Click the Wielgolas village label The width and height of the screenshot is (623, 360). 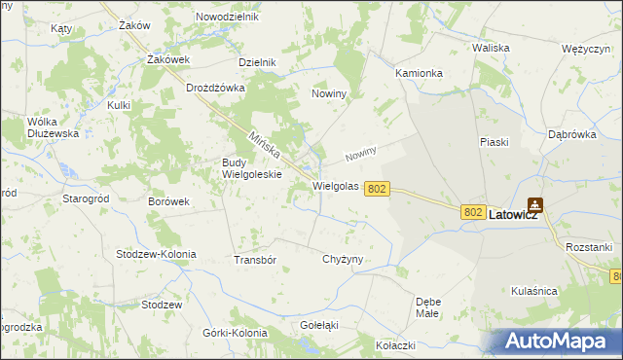336,185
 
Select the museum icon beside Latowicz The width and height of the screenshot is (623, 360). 535,205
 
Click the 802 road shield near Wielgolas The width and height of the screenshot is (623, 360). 379,190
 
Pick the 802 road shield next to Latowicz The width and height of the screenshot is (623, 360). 474,212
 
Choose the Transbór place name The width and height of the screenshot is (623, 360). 256,260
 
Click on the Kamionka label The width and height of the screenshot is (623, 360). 420,73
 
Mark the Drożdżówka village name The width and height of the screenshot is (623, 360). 215,87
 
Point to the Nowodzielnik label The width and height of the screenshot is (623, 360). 227,18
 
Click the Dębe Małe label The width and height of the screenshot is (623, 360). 428,306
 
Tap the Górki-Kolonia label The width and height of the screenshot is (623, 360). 235,333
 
